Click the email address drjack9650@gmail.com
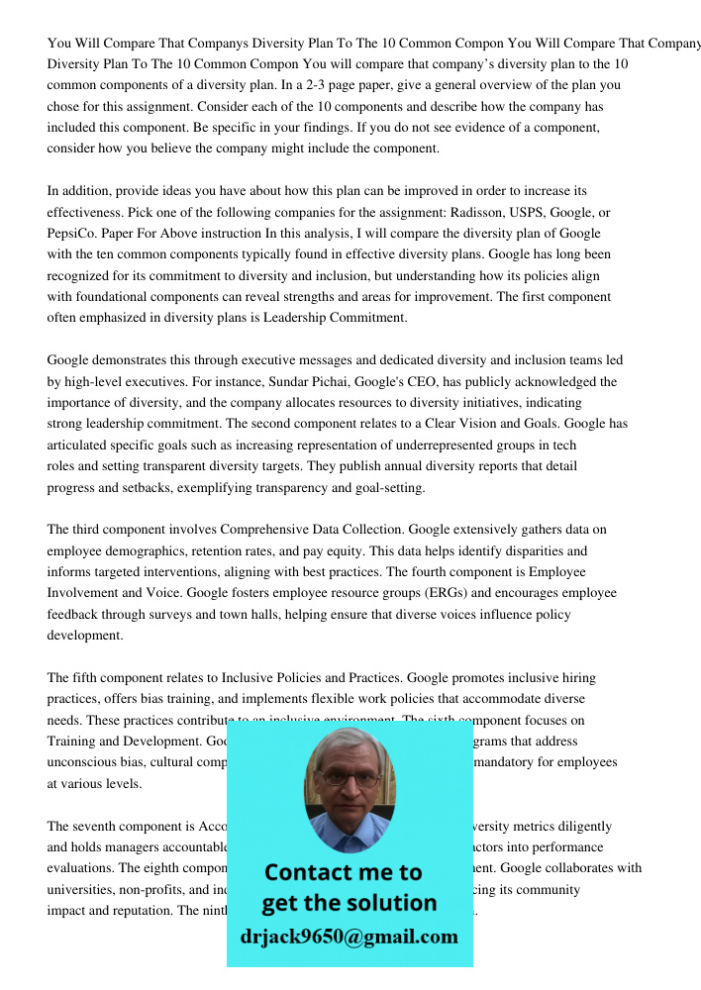(x=349, y=936)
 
